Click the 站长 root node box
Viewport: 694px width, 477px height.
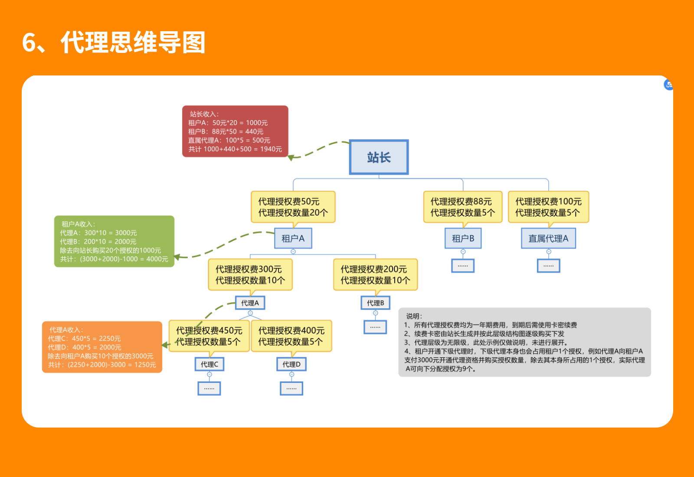tap(379, 157)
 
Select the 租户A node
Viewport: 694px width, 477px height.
tap(293, 238)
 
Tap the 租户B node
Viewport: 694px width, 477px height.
tap(463, 238)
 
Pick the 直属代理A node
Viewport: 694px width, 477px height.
tap(548, 238)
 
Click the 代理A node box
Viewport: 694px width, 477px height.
tap(250, 303)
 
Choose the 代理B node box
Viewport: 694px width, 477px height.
tap(375, 303)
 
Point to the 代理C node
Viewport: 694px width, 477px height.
tap(209, 364)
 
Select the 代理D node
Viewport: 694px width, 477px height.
tap(291, 364)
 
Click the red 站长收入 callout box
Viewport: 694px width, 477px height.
tap(235, 131)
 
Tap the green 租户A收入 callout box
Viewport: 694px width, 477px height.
tap(114, 241)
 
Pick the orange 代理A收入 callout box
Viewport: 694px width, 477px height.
tap(102, 347)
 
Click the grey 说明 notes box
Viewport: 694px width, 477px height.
tap(524, 342)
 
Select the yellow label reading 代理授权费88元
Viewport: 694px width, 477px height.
tap(462, 207)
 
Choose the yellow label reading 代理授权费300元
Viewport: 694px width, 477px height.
tap(250, 274)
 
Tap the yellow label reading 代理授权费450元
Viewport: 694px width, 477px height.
tap(209, 336)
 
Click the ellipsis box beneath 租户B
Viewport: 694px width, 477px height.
tap(463, 265)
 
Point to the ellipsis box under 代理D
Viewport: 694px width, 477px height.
tap(291, 388)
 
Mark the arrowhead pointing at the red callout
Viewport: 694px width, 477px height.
tap(292, 157)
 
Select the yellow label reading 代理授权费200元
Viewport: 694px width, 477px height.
tap(375, 274)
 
